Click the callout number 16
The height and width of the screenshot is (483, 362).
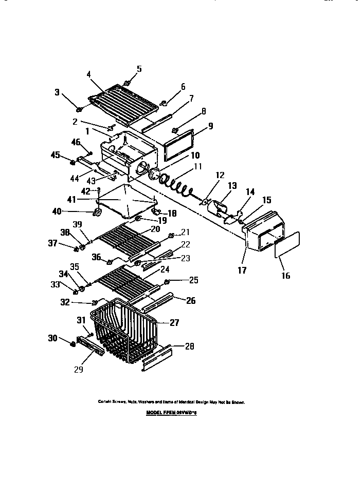(285, 276)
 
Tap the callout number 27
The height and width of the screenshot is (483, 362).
(174, 323)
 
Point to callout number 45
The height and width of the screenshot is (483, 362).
(55, 155)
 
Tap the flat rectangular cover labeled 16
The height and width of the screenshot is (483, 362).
(287, 244)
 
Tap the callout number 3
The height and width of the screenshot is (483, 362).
(58, 92)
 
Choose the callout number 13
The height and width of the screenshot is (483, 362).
(232, 185)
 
